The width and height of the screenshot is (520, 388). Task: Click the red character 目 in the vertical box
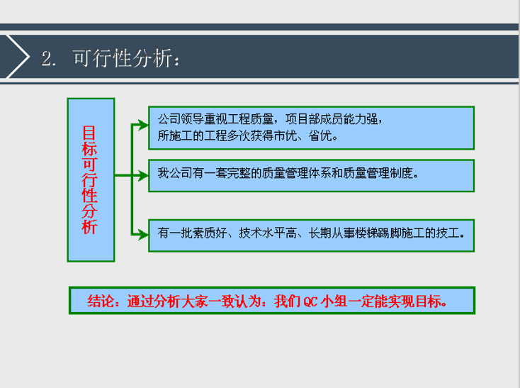(90, 133)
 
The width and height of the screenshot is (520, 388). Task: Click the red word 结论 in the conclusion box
(99, 300)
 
